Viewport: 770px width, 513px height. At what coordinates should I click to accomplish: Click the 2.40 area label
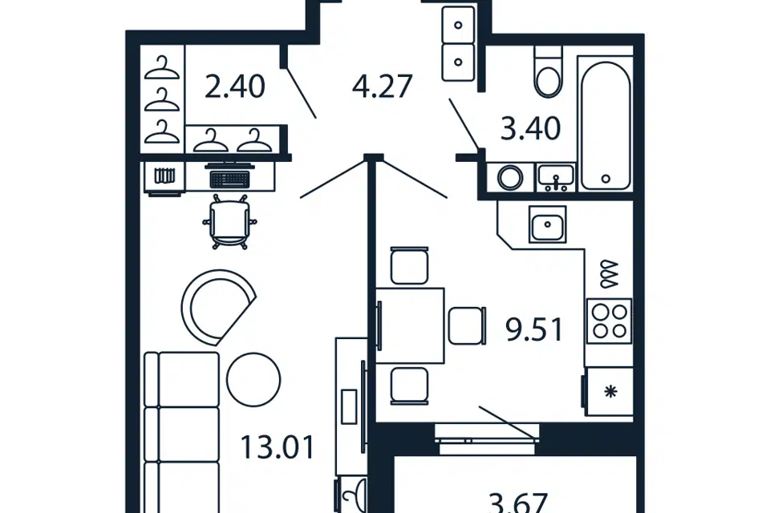click(235, 87)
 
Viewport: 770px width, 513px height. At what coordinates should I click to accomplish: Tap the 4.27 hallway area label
click(382, 87)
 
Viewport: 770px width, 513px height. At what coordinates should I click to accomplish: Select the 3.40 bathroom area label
click(530, 128)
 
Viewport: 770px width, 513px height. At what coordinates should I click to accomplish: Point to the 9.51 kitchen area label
click(534, 329)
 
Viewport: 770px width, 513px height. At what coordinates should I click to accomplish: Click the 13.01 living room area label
click(278, 448)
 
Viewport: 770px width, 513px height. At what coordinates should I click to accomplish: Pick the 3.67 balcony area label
click(519, 503)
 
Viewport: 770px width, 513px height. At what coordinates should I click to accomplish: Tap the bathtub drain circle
click(606, 179)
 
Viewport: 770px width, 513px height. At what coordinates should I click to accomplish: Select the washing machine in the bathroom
click(510, 176)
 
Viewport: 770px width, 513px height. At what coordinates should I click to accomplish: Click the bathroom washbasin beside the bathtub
click(556, 177)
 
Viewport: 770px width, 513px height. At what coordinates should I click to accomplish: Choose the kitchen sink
click(548, 224)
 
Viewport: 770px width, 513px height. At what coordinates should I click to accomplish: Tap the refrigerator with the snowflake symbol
click(609, 392)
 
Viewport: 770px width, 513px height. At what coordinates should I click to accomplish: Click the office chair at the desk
click(230, 222)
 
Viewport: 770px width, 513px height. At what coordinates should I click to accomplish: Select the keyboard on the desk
click(230, 180)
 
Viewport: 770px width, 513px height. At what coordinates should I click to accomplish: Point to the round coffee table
click(254, 379)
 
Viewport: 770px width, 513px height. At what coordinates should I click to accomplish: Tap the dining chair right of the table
click(467, 325)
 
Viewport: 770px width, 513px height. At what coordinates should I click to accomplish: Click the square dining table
click(410, 325)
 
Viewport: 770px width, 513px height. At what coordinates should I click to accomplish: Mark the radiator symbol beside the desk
click(164, 176)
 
